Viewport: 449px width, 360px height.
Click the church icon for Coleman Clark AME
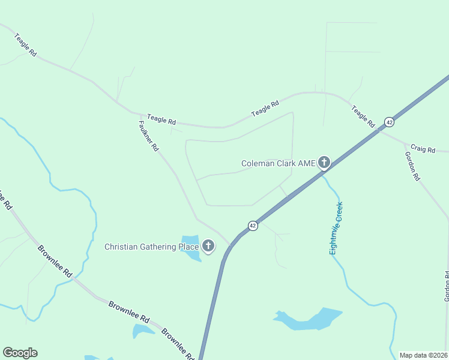pos(324,162)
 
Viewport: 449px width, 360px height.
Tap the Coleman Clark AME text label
pos(278,163)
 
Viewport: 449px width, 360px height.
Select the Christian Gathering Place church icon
pos(208,246)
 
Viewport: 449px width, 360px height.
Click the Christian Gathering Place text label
pos(151,247)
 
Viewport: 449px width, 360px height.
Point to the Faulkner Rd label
pos(148,136)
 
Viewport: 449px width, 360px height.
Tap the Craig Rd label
pos(423,149)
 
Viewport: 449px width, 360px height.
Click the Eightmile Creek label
pos(336,228)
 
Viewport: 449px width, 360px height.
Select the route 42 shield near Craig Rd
pos(389,122)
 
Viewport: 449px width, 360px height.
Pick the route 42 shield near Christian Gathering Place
pos(253,226)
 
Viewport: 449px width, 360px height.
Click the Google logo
pos(20,353)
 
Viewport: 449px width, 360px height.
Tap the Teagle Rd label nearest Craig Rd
pos(363,115)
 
